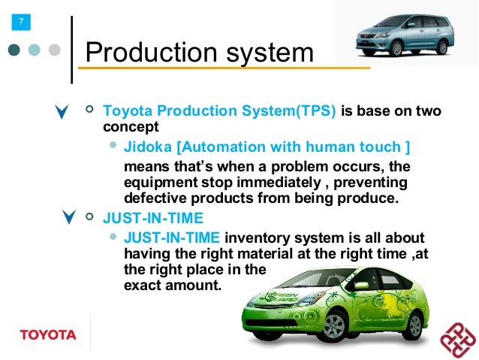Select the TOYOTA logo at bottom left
(47, 334)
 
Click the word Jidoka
(147, 147)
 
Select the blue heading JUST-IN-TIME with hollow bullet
(153, 219)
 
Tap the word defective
(153, 198)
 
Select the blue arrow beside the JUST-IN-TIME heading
(70, 219)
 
